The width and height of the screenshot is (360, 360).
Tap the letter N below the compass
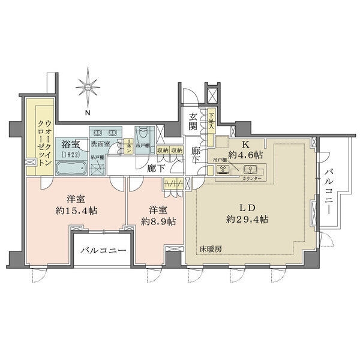(88, 112)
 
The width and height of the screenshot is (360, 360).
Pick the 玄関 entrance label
(192, 122)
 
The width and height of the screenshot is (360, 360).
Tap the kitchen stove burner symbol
(227, 169)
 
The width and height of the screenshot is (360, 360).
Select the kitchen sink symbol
(251, 169)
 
